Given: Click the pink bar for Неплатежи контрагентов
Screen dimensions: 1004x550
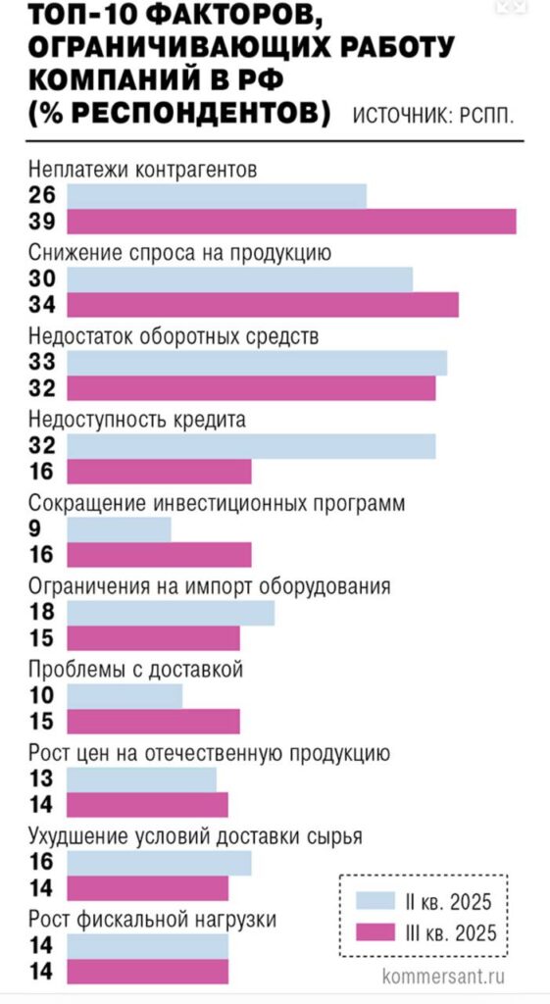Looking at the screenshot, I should (292, 223).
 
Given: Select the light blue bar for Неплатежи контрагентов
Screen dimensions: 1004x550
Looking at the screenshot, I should (217, 195).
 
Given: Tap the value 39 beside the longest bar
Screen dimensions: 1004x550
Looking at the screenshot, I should (42, 223).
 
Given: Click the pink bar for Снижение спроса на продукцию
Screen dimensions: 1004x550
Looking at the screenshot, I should (263, 306).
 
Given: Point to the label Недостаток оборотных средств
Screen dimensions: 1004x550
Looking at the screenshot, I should (175, 336).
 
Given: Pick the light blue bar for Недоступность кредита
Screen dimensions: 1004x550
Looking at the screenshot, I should (251, 446).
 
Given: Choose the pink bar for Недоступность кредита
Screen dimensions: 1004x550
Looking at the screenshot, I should (159, 472).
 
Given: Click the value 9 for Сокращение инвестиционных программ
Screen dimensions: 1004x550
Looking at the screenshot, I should (36, 529).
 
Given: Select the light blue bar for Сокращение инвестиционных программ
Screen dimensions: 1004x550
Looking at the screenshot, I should (119, 529).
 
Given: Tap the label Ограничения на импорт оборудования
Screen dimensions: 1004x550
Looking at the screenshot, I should (211, 587).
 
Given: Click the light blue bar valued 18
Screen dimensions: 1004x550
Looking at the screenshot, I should (171, 613).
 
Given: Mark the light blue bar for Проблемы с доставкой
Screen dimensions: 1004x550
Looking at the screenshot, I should (125, 696).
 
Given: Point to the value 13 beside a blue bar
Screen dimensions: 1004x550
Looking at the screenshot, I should (42, 779).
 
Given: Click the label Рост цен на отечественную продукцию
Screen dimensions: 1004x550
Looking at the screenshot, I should (211, 754).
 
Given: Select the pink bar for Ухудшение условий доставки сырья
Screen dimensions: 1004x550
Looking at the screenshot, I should (147, 888).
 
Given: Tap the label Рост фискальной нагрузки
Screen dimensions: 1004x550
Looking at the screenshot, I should (152, 920).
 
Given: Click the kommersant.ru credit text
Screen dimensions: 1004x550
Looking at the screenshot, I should (443, 977).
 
